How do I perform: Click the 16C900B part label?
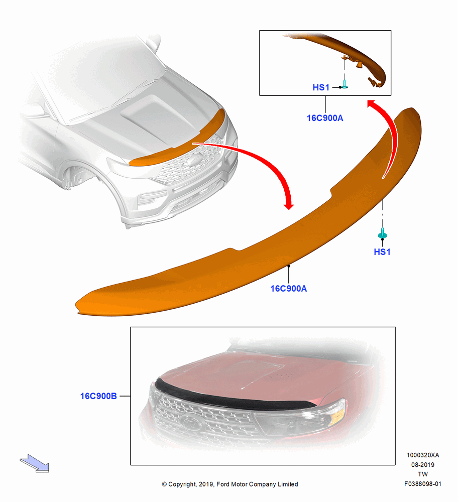[x=98, y=396]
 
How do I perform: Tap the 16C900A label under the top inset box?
[x=325, y=118]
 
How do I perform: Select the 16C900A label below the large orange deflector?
[x=289, y=289]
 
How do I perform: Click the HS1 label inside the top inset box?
[x=321, y=87]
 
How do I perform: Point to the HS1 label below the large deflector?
[x=382, y=252]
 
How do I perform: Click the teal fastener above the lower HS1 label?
[x=382, y=233]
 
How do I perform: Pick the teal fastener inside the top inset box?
[x=345, y=84]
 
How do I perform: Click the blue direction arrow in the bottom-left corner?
[x=35, y=463]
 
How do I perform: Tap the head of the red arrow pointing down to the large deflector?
[x=289, y=204]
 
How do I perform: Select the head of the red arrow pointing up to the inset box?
[x=373, y=104]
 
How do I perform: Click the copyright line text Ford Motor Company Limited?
[x=257, y=484]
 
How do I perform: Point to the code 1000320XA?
[x=423, y=455]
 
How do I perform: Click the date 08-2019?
[x=423, y=464]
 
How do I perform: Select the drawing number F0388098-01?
[x=423, y=484]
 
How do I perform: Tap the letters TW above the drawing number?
[x=423, y=474]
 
